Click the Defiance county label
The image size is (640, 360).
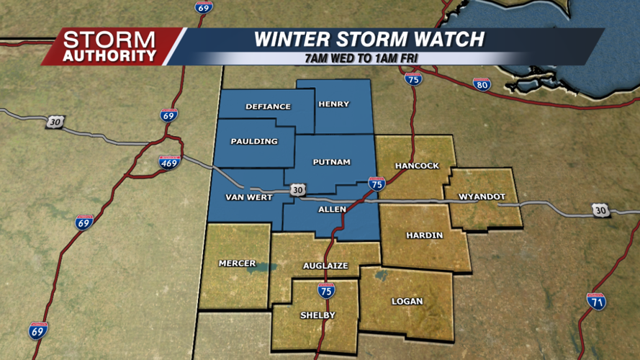click(268, 107)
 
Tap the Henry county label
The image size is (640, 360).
click(333, 104)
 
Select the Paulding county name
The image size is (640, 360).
click(255, 141)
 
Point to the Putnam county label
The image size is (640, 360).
click(331, 162)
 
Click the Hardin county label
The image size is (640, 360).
click(424, 235)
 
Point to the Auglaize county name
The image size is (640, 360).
click(326, 266)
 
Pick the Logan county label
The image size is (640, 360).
click(407, 301)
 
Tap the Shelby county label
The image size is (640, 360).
click(317, 315)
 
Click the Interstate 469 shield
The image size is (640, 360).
click(168, 161)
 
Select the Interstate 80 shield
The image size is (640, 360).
click(482, 84)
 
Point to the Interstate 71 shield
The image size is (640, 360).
click(596, 301)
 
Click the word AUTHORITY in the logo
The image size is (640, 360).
click(109, 55)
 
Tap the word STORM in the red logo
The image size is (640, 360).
click(109, 39)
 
